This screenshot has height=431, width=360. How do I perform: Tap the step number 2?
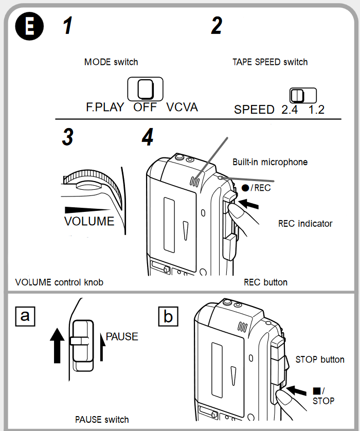click(217, 26)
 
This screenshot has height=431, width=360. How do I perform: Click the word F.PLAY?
click(105, 107)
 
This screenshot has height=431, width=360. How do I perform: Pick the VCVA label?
click(182, 107)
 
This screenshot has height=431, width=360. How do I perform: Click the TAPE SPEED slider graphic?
click(302, 95)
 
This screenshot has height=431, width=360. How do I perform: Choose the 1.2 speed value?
click(316, 110)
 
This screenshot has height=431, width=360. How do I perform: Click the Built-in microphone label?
click(270, 162)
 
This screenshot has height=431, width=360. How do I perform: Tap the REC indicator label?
click(305, 224)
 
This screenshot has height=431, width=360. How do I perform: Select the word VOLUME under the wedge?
click(89, 222)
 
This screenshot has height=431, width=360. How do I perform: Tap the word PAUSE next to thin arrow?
click(122, 337)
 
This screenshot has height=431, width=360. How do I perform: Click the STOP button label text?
click(320, 360)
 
